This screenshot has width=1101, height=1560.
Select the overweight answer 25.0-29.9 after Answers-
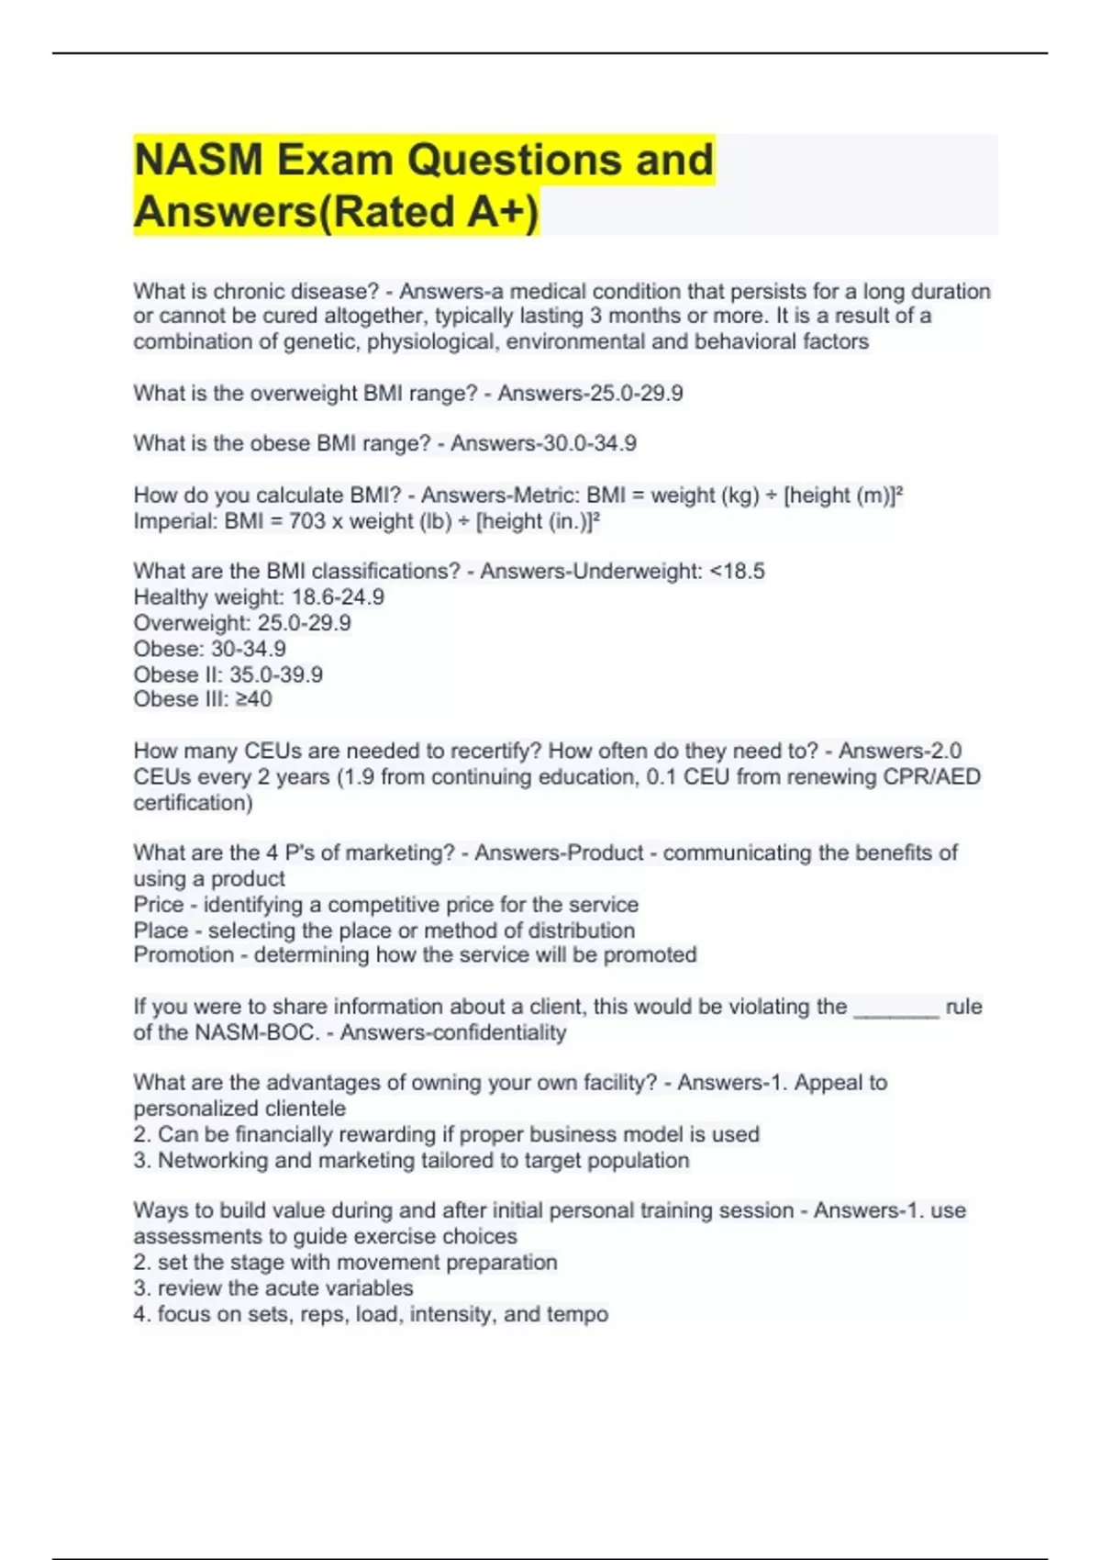(636, 394)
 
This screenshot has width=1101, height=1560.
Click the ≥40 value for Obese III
(253, 699)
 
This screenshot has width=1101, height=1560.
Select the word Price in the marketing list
(159, 905)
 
